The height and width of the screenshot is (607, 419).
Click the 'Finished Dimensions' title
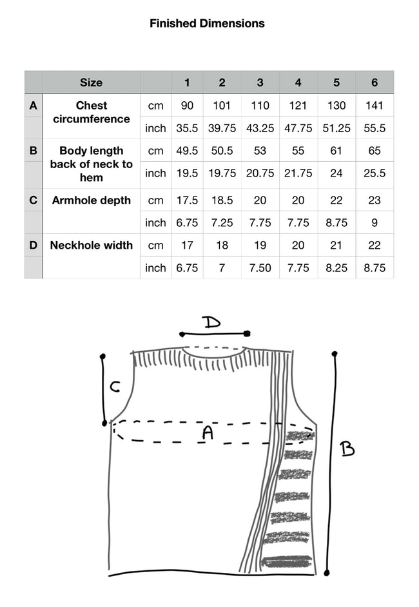click(x=207, y=23)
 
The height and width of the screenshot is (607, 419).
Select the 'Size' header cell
click(x=91, y=82)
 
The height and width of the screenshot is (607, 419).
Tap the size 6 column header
click(x=375, y=82)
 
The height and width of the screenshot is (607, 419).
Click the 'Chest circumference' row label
click(x=91, y=112)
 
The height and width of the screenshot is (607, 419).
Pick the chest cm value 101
click(x=222, y=106)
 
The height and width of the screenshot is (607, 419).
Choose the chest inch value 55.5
click(x=375, y=128)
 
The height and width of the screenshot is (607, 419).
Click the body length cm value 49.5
click(x=187, y=151)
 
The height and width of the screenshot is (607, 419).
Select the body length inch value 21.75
click(x=298, y=173)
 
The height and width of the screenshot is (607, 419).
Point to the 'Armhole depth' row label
click(x=91, y=200)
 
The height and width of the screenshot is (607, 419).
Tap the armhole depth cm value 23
click(x=375, y=200)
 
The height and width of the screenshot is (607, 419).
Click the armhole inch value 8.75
click(x=336, y=223)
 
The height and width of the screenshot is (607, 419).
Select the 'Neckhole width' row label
click(x=91, y=245)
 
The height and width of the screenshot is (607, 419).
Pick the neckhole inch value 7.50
click(x=260, y=267)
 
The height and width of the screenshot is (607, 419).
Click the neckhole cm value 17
click(x=187, y=245)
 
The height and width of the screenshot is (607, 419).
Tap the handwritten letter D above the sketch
click(x=211, y=321)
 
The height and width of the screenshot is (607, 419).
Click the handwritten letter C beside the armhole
click(x=114, y=387)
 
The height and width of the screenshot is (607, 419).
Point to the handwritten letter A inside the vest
click(x=208, y=432)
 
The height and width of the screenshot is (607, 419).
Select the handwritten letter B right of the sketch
click(x=347, y=448)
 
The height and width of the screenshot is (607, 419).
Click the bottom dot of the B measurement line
click(x=327, y=572)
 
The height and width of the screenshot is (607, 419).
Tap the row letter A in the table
click(x=34, y=106)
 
